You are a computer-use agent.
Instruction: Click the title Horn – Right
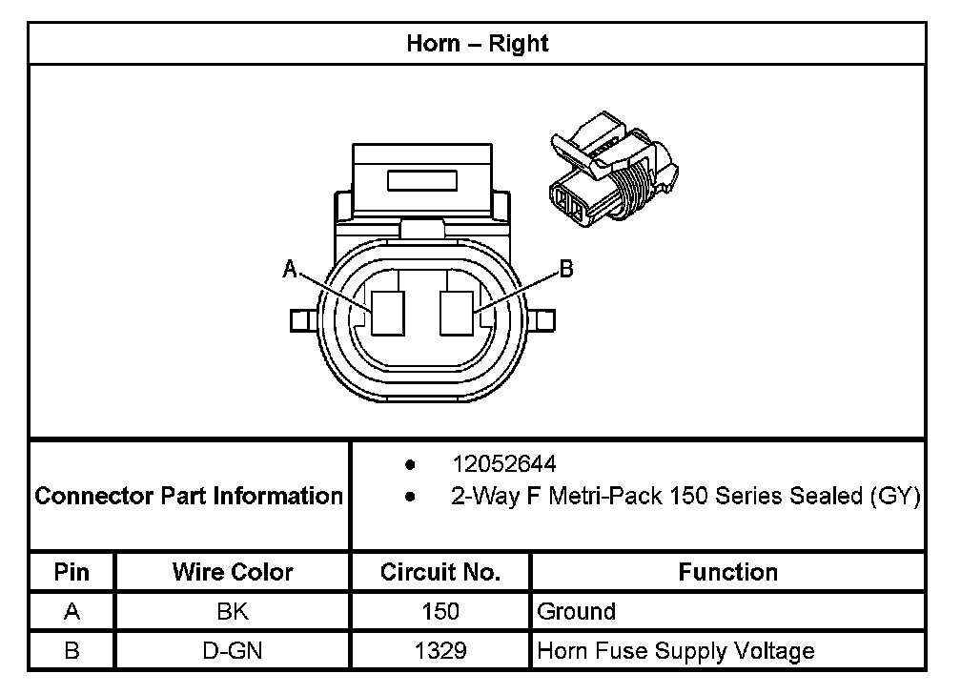tap(478, 44)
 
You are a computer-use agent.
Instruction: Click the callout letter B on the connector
tap(565, 271)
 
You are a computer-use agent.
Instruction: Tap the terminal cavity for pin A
tap(388, 313)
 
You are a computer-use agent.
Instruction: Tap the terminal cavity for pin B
tap(457, 313)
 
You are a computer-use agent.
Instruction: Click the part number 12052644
tap(504, 464)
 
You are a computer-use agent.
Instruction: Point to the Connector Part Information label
tap(189, 496)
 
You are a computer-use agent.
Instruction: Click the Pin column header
tap(72, 572)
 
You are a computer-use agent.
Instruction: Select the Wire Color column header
tap(233, 572)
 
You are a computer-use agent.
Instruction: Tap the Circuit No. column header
tap(440, 572)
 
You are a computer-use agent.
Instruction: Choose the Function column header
tap(727, 572)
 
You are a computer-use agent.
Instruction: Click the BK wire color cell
tap(233, 611)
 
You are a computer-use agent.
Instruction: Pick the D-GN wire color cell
tap(233, 651)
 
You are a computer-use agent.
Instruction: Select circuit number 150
tap(440, 611)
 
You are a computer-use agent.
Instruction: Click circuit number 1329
tap(440, 651)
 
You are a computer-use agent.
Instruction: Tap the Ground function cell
tap(577, 611)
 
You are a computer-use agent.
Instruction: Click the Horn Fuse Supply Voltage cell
tap(676, 651)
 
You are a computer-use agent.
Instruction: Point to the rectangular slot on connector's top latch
tap(422, 181)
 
